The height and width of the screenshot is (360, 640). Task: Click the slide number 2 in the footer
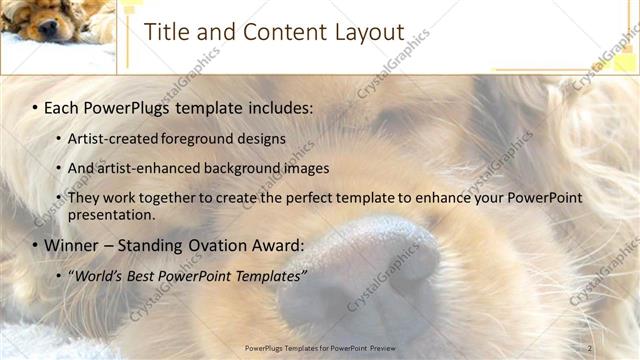tap(589, 348)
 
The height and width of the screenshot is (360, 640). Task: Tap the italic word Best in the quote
tap(142, 275)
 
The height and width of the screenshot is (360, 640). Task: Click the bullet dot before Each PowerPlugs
tap(35, 107)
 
